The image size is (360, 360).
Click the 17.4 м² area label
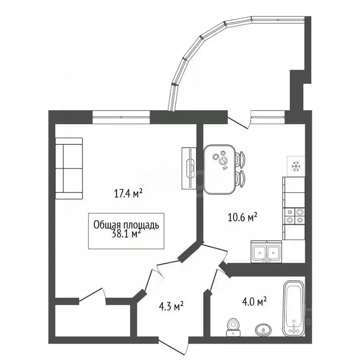tap(128, 193)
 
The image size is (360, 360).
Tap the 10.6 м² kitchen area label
tap(242, 217)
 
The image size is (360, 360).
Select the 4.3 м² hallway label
tap(171, 306)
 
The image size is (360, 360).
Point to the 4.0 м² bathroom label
tap(255, 301)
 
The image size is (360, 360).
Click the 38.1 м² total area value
tap(126, 234)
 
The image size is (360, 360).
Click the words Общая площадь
tap(126, 225)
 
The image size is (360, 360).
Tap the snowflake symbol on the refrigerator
tap(296, 166)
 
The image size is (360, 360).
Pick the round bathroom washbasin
tap(263, 330)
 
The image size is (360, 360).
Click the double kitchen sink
tap(266, 252)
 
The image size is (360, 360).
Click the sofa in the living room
tap(69, 168)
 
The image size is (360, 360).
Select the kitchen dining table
tap(219, 169)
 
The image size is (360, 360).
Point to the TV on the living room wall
tap(189, 168)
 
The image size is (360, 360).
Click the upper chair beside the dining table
tap(240, 159)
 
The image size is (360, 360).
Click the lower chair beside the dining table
tap(240, 178)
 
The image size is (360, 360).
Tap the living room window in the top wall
tap(121, 117)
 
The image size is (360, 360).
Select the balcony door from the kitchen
tap(239, 122)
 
